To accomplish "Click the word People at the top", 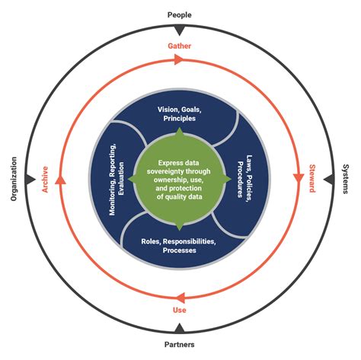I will [180, 14].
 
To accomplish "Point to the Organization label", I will [14, 179].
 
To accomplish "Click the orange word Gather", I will [180, 46].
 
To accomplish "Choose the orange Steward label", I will [312, 179].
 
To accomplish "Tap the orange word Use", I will [180, 311].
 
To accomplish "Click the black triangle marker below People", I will [180, 30].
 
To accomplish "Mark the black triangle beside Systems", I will [328, 179].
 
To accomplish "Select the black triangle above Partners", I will [180, 328].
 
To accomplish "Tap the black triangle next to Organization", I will [30, 179].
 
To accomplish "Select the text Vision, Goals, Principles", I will [180, 113].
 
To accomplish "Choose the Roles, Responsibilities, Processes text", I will [180, 245].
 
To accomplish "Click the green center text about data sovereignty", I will [180, 179].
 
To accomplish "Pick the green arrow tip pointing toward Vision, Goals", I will [180, 132].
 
